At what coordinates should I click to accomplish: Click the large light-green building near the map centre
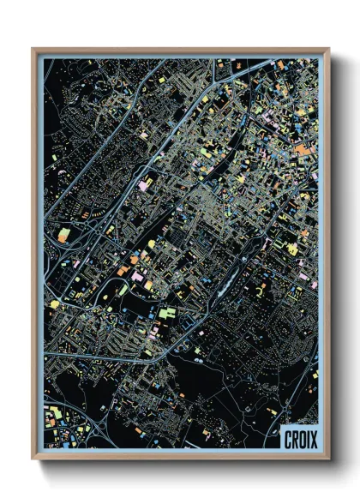[165, 314]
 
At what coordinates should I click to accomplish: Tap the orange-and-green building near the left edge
[63, 232]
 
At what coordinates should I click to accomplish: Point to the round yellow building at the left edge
[54, 303]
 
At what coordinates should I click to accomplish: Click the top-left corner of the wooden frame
[33, 50]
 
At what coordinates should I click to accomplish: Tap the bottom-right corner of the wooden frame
[328, 459]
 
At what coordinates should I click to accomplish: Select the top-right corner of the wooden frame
[328, 50]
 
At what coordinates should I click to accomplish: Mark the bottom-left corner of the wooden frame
[33, 459]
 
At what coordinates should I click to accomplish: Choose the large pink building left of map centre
[143, 184]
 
